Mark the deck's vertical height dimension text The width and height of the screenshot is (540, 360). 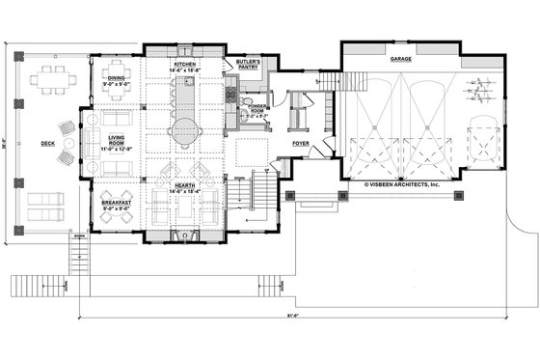point(8,145)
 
